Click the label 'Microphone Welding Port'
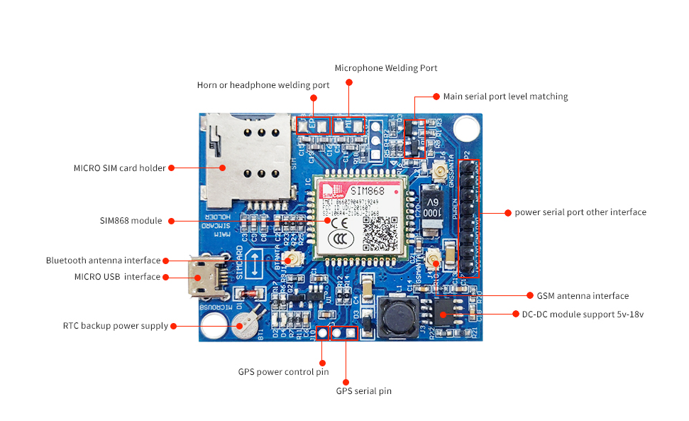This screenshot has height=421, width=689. click(386, 68)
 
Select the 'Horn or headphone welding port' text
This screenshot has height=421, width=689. click(263, 85)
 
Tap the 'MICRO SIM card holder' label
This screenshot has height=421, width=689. click(119, 168)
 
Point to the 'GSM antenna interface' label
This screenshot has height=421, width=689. click(578, 295)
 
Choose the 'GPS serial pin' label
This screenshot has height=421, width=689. click(363, 390)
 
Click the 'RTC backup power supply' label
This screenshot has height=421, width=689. click(115, 326)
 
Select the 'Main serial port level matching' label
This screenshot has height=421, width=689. click(505, 96)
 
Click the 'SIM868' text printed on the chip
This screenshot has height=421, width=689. click(368, 190)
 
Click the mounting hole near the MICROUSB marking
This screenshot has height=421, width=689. click(213, 327)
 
